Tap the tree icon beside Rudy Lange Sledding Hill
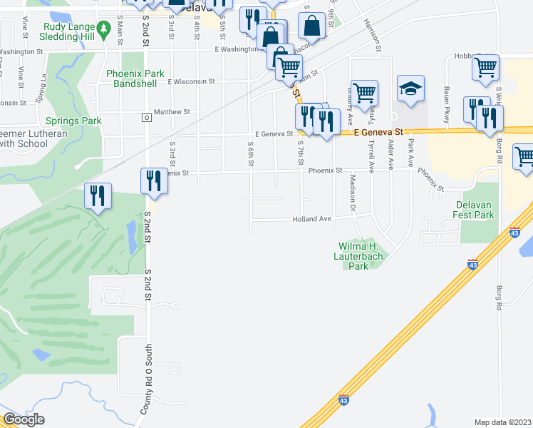coord(103,29)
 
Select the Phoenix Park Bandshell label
coord(135,78)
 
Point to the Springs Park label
coord(73,121)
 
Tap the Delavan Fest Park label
coord(475,210)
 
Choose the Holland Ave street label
coord(312,220)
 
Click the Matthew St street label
coord(172,112)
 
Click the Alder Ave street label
coord(391,154)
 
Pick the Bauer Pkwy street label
coord(447,105)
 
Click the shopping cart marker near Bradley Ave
coord(364,93)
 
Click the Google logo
coord(23,419)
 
